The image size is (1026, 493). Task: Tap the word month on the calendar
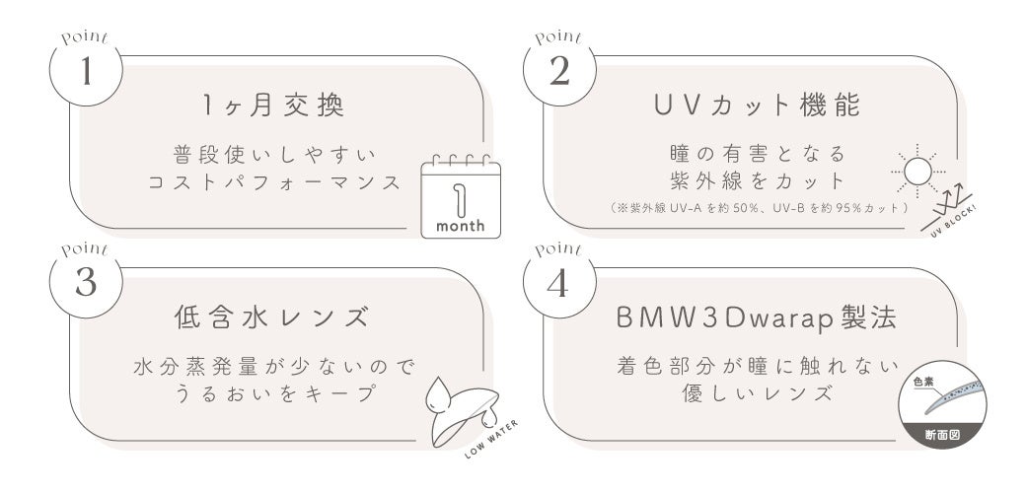point(460,226)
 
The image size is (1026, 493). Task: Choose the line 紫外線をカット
point(755,181)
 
